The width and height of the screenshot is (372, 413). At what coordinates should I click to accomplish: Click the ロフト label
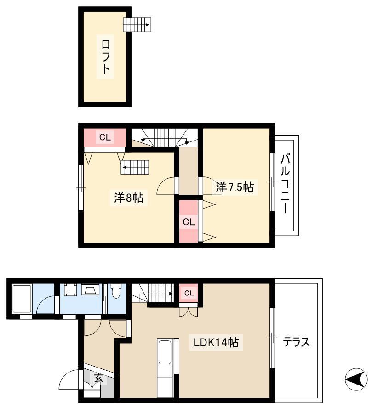[105, 57]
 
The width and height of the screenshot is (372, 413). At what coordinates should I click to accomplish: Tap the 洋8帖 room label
[129, 197]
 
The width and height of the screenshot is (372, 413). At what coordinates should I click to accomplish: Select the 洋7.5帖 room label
[235, 187]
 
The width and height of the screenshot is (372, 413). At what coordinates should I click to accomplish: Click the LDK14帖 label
[216, 342]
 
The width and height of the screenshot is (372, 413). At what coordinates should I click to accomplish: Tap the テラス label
[296, 342]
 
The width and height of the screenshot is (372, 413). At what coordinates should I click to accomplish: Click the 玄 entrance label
[98, 378]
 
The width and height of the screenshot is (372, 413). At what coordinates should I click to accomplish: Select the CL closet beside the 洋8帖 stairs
[105, 137]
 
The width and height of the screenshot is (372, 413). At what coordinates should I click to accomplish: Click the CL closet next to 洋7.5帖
[189, 221]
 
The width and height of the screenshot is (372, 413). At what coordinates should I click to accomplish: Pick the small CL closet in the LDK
[189, 293]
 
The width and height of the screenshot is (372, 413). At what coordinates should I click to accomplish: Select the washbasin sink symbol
[90, 289]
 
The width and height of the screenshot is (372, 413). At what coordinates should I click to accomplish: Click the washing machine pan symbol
[70, 290]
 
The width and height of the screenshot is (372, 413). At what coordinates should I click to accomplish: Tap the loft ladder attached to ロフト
[137, 25]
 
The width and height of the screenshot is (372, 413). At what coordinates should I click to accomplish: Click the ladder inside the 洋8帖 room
[135, 167]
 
